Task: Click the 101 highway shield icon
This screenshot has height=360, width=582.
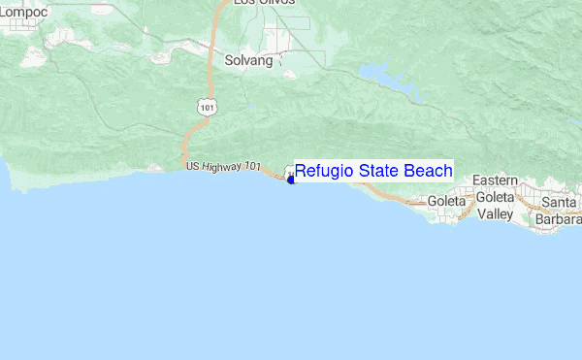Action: point(203,106)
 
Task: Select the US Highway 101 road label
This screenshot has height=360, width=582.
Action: point(222,168)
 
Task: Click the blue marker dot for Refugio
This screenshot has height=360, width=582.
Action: point(291,180)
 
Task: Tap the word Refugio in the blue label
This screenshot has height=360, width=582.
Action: point(324,172)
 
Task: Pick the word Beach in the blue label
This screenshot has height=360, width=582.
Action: point(427,172)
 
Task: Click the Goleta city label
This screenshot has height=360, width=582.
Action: point(447,202)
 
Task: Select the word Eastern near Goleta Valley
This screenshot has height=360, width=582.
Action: point(495,181)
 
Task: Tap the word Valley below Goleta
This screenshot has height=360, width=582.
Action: point(495,213)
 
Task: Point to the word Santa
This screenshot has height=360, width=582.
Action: point(560,202)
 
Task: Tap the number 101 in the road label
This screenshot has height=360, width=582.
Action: point(251,168)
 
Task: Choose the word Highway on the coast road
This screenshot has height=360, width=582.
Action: point(222,168)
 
